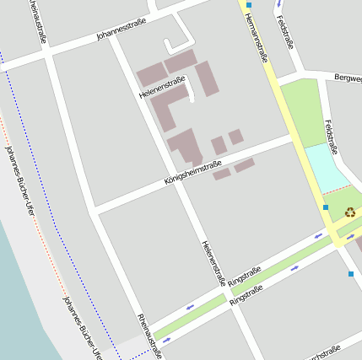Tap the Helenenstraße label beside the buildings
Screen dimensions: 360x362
[162, 88]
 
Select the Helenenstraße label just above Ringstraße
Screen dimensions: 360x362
[215, 263]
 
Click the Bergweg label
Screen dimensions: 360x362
[348, 78]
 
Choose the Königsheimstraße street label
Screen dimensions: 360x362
[193, 174]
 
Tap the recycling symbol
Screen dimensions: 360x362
[350, 213]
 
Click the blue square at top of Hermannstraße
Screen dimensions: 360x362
[249, 5]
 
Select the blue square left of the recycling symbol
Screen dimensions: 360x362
[326, 207]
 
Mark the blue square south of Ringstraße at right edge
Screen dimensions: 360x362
[351, 273]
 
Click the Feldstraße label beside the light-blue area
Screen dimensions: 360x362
[331, 137]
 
